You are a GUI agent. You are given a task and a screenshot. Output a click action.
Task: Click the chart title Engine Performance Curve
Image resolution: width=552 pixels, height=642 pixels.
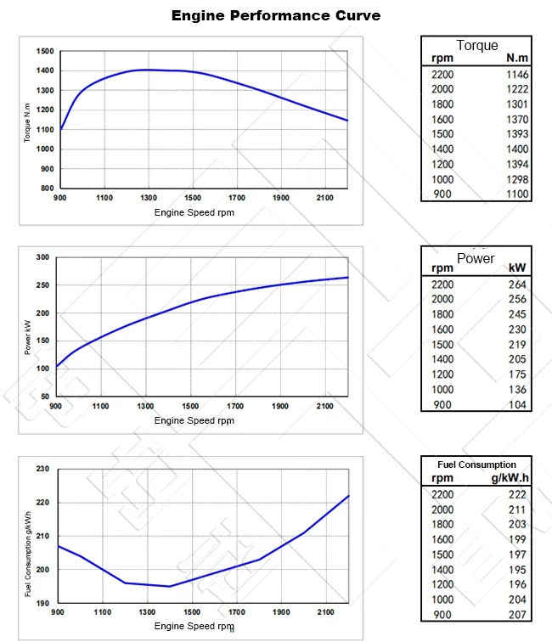coord(276,15)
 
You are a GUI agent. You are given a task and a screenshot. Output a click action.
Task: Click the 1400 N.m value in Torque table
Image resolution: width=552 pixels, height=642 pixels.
coord(516,149)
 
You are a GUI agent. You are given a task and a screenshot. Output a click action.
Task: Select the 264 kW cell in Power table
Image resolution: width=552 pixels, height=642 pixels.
coord(516,284)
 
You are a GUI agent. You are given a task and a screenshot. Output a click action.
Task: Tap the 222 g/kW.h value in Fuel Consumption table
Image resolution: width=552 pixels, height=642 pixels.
coord(517,494)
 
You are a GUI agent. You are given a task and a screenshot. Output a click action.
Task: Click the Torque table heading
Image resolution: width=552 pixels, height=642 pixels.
coord(476,46)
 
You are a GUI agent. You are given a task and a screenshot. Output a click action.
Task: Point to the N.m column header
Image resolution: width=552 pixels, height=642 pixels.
coord(517,59)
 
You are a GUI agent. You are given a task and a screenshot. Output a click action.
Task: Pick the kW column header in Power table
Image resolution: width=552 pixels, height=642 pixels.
coord(517,267)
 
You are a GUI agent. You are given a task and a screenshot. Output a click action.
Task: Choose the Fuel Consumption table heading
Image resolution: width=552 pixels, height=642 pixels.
coord(476,465)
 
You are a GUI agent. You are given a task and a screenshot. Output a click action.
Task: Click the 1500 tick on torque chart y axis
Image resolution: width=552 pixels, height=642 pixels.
coord(46,51)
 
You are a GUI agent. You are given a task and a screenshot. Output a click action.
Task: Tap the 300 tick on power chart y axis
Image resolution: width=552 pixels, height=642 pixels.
coord(42,256)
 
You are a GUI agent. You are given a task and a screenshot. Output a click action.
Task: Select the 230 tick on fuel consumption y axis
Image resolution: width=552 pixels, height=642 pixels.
coord(42,469)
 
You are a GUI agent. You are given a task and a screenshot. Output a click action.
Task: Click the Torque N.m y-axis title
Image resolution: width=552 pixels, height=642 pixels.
coord(27,120)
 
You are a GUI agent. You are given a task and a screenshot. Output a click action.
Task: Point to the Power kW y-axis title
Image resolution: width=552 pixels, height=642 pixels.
coord(27,327)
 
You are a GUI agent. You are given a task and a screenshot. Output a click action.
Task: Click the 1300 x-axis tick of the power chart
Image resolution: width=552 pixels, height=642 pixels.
coord(147,406)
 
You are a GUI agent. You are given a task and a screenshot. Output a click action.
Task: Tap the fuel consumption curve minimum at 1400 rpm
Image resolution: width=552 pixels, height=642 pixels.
coord(170,586)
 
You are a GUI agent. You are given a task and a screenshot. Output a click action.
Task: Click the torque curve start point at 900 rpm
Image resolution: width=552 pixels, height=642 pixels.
coord(59,130)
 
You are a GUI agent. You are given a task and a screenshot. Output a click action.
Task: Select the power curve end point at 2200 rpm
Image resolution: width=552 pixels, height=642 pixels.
coord(348,277)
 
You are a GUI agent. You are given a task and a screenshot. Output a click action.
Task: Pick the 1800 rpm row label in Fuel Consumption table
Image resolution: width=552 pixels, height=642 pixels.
coord(442,524)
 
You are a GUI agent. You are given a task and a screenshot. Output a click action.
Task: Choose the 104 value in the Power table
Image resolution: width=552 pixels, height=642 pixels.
coord(516,404)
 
